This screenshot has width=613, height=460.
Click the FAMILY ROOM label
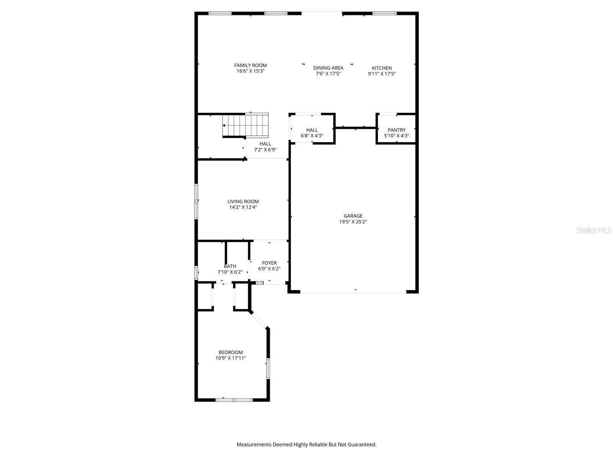coord(251,65)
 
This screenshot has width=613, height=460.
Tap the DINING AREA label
coord(328,68)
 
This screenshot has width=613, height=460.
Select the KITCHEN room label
coord(382,68)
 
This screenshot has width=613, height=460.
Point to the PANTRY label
coord(396,130)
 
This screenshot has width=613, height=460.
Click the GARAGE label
coord(353,216)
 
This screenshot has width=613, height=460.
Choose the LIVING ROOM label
coord(243,201)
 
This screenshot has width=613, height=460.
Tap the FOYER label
coord(269,263)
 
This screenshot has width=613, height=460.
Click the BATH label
coord(230,266)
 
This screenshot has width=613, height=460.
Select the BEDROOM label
coord(230,352)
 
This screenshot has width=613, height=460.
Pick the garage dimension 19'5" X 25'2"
coord(353,222)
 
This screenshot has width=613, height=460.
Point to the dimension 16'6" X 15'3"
coord(251,71)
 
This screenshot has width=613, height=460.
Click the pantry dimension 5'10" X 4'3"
coord(396,136)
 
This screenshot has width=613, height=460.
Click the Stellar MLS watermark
coord(593,230)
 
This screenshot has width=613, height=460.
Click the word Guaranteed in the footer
coord(362,445)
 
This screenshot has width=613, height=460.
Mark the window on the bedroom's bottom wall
coord(234,400)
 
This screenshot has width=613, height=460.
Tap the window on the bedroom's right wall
coord(268,368)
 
